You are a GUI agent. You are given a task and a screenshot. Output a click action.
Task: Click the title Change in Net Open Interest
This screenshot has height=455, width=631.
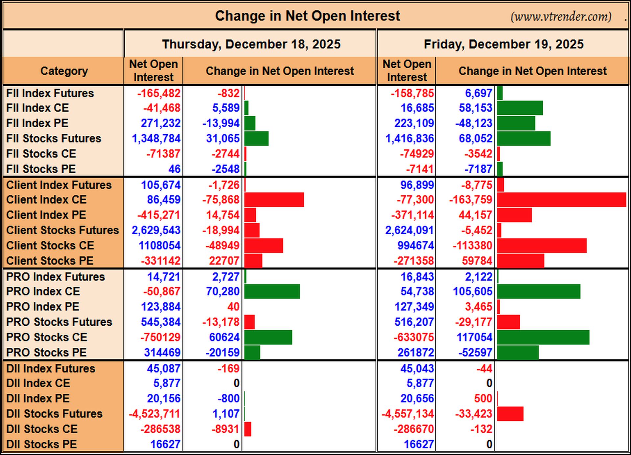307,16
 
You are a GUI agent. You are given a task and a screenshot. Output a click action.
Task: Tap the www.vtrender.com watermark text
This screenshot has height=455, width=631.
561,16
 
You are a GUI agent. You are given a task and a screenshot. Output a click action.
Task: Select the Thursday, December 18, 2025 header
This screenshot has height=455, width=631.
251,44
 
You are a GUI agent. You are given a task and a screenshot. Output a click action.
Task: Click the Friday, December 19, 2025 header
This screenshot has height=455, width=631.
504,44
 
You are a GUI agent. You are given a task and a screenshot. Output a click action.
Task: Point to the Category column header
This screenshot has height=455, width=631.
64,71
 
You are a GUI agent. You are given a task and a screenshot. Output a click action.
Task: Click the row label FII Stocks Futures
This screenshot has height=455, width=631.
54,139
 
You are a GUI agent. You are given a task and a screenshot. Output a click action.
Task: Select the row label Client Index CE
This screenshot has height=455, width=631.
46,200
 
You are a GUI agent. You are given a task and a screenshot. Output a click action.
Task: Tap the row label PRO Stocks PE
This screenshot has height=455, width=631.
46,352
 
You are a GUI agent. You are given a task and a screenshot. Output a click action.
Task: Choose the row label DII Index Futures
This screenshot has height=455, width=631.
51,368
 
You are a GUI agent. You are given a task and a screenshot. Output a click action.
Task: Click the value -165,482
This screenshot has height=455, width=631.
159,93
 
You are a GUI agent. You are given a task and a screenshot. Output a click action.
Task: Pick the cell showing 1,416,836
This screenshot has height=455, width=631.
409,139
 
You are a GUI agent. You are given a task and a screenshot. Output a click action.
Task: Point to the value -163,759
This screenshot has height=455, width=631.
471,200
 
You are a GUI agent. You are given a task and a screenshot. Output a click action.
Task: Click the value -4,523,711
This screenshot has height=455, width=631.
154,414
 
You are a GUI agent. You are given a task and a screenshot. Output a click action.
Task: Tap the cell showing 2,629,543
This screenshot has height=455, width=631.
156,230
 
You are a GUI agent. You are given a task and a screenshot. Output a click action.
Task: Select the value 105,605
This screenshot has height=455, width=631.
473,291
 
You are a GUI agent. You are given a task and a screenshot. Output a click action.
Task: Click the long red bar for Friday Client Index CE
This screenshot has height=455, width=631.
562,200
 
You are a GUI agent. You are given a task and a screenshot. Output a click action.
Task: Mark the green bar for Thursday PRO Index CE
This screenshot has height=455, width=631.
272,291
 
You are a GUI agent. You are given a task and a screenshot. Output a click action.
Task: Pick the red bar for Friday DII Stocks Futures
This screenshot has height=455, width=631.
510,414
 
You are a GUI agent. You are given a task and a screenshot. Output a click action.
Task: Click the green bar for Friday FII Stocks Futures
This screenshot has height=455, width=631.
524,139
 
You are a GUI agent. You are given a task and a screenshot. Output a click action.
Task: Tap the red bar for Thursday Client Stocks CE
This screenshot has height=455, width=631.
264,246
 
